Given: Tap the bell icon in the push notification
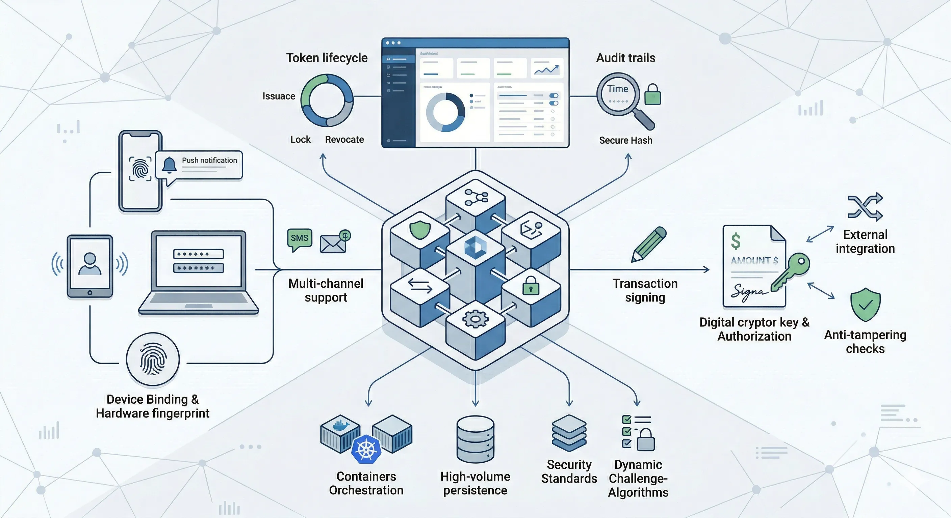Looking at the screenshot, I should [x=169, y=165].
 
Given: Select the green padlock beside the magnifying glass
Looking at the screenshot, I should [x=652, y=95].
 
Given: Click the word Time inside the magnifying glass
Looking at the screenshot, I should [x=617, y=89].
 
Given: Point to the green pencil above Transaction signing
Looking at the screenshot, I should [x=649, y=244].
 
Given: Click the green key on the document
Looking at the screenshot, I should [x=792, y=271].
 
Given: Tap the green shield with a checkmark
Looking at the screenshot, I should [x=865, y=305].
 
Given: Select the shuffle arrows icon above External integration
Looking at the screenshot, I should [x=865, y=206].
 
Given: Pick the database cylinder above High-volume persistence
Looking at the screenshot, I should [x=475, y=439].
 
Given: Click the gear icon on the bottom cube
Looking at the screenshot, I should [x=475, y=319].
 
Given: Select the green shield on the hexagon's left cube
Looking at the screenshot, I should [x=420, y=230].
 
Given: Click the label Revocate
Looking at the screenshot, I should [x=344, y=140].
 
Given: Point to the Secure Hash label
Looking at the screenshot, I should [x=625, y=141].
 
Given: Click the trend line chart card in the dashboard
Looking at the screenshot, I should [x=547, y=68].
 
